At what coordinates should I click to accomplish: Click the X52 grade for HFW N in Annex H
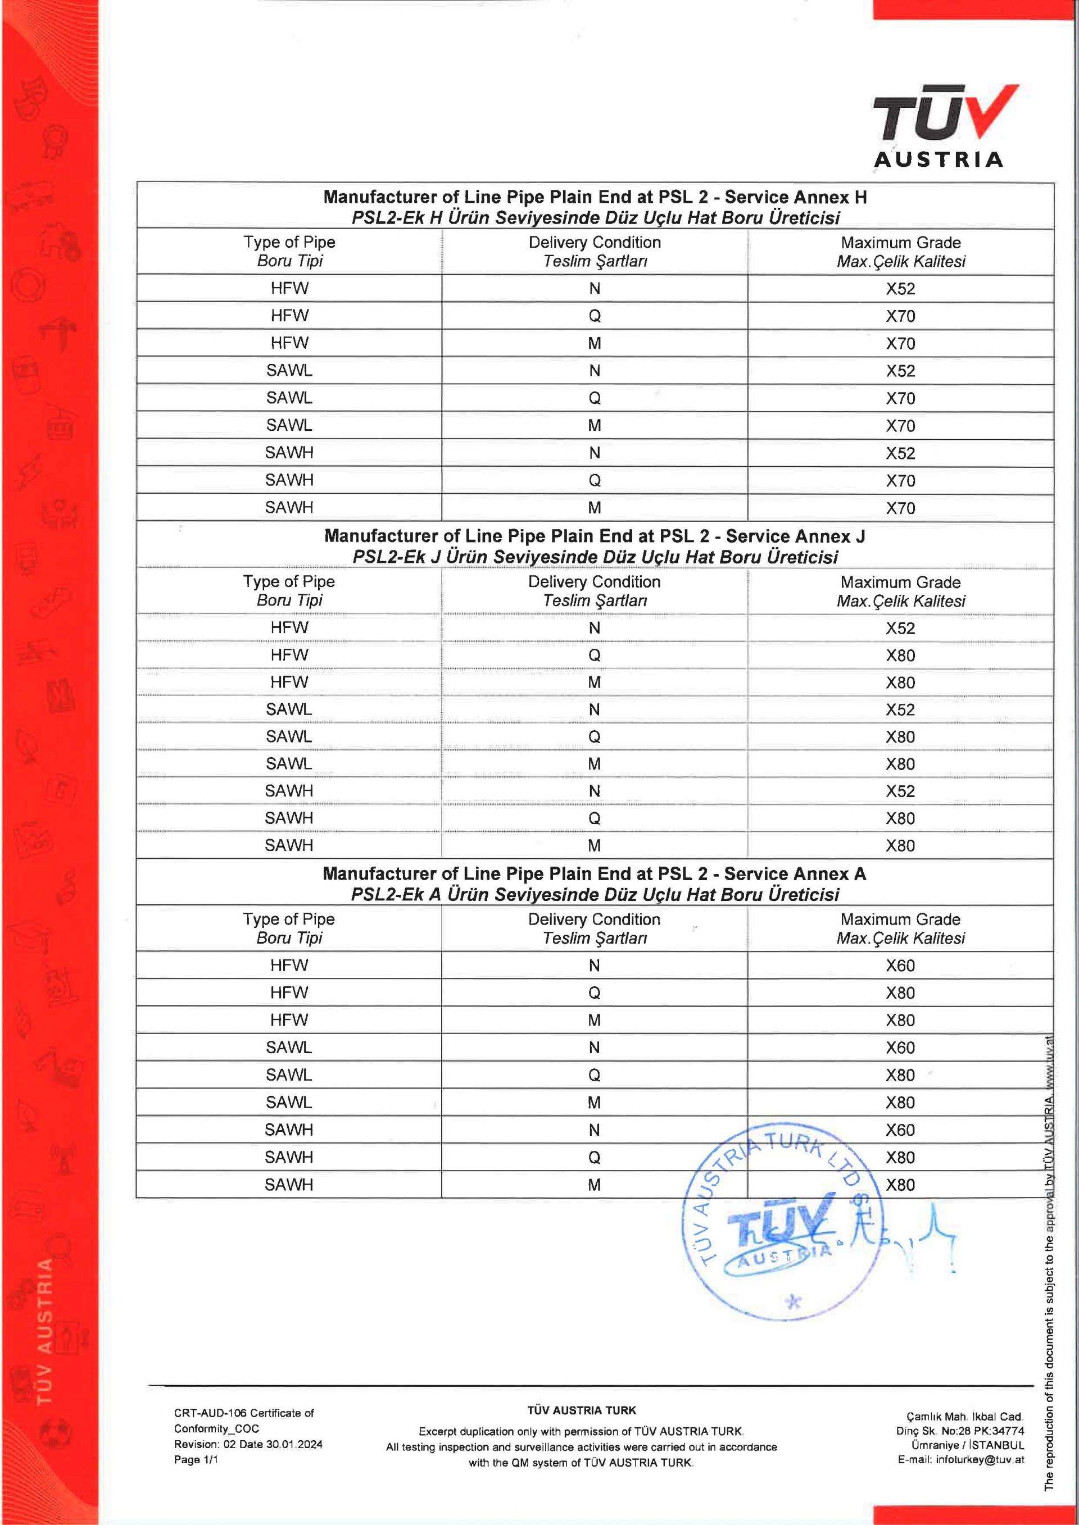click(x=900, y=289)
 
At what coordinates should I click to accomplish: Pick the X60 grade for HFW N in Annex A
click(x=900, y=966)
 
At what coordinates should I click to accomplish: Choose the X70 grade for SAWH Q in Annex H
click(x=900, y=481)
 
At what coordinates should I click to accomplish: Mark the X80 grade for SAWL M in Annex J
click(x=900, y=764)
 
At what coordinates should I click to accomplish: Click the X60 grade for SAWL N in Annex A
click(x=900, y=1048)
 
